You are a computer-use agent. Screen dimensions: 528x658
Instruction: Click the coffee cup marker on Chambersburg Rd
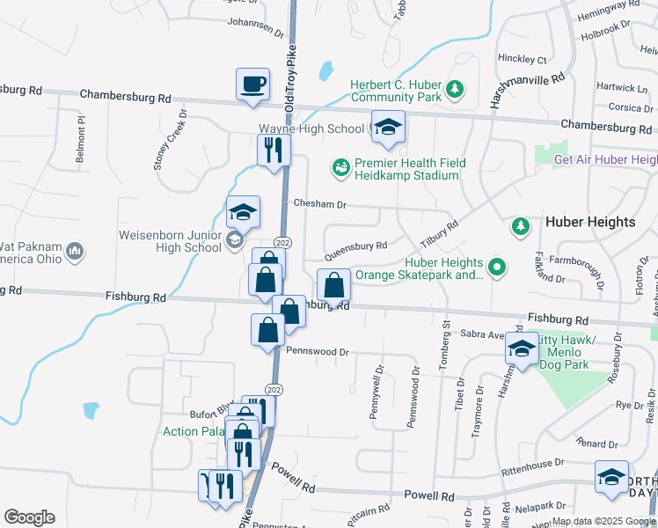(x=252, y=84)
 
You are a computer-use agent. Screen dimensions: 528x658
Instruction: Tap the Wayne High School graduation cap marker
(x=388, y=128)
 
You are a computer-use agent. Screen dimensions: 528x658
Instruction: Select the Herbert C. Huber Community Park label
(x=395, y=91)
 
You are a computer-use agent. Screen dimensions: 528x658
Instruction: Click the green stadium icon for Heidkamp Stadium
(x=340, y=165)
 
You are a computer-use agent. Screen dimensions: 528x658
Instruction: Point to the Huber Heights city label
(x=590, y=222)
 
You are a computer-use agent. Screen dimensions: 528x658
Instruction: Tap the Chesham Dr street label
(x=320, y=204)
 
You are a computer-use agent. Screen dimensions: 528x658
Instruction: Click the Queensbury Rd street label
(x=355, y=250)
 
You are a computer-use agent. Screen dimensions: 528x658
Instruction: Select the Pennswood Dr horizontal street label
(x=318, y=352)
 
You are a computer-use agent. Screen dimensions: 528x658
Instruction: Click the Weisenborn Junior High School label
(x=171, y=241)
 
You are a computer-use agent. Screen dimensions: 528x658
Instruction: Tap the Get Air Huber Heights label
(x=606, y=159)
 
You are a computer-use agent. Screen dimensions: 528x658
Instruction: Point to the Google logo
(x=29, y=517)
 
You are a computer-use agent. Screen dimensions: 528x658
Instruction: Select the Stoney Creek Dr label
(x=170, y=141)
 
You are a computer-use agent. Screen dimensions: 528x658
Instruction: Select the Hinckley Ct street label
(x=523, y=60)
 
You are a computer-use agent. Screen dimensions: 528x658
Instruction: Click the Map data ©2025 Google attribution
(x=603, y=521)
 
